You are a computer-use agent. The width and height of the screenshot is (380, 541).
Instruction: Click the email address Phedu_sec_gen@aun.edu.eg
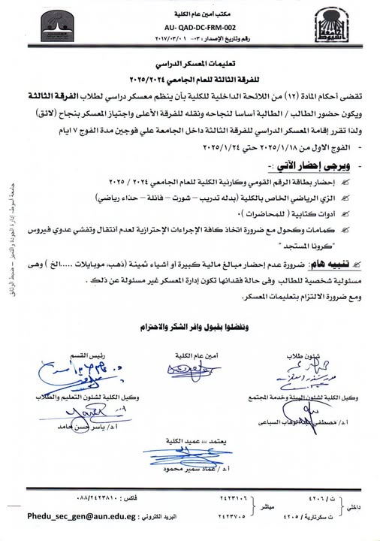(71, 518)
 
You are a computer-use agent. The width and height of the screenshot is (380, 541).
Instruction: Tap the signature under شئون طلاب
(300, 373)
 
